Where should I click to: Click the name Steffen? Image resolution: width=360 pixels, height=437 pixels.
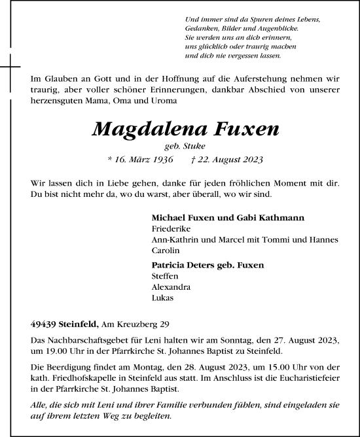[164, 277]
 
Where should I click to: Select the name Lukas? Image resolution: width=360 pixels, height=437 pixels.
[162, 298]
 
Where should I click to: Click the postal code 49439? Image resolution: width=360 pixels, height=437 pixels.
[44, 324]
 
